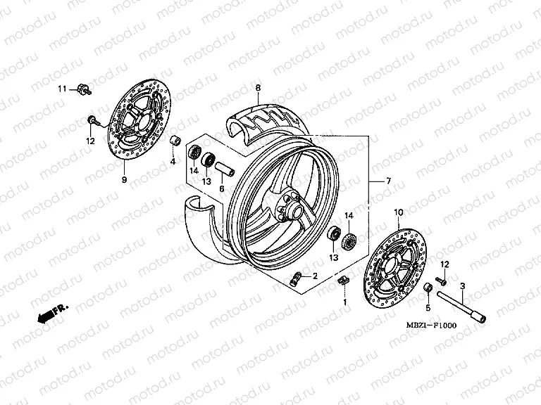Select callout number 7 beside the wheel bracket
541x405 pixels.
click(387, 181)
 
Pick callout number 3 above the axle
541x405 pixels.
click(462, 286)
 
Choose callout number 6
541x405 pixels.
click(220, 189)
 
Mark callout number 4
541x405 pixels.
click(172, 162)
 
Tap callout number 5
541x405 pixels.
click(428, 307)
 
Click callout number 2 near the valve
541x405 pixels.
click(315, 276)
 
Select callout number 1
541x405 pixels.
click(345, 302)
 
